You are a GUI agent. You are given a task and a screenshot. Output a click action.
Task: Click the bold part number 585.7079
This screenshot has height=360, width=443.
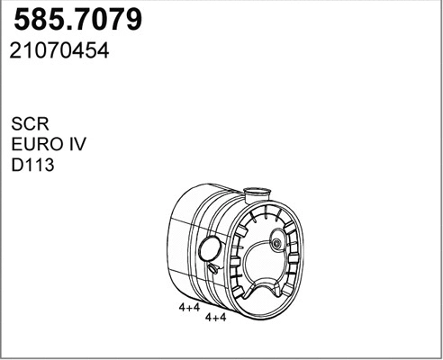[77, 20]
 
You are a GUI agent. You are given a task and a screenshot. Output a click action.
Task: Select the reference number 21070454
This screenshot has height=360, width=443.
[59, 50]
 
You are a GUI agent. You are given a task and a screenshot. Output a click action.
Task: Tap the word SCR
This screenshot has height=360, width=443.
[30, 123]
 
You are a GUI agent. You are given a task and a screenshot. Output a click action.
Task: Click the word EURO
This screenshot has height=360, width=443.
[35, 144]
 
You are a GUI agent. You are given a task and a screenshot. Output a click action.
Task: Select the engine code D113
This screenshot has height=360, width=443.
[32, 165]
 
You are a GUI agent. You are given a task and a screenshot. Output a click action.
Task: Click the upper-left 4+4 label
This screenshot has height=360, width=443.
[189, 307]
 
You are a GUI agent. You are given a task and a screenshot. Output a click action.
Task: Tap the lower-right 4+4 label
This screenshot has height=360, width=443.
[215, 318]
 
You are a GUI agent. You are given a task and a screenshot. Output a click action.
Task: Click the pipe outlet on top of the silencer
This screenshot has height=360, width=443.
[257, 194]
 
